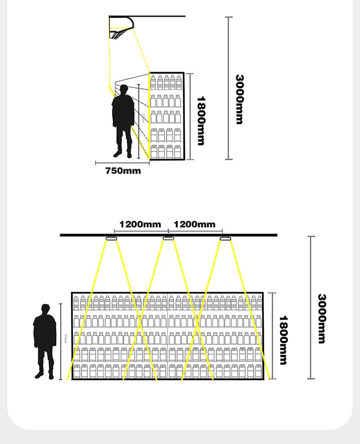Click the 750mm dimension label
pos(123,171)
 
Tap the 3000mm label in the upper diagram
pos(240,99)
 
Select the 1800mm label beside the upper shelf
pos(201,120)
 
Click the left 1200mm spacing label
pos(140,224)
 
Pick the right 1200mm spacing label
pos(195,224)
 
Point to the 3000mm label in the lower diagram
pos(322,318)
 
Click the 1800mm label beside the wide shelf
pos(283,340)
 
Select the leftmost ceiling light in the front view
pos(111,238)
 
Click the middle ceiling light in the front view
pos(168,238)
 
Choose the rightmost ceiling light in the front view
pos(225,238)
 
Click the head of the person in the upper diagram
pos(123,90)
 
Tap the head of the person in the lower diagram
pos(45,309)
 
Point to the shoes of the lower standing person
pos(45,376)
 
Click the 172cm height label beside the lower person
pos(66,340)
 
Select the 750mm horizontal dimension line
pos(122,163)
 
